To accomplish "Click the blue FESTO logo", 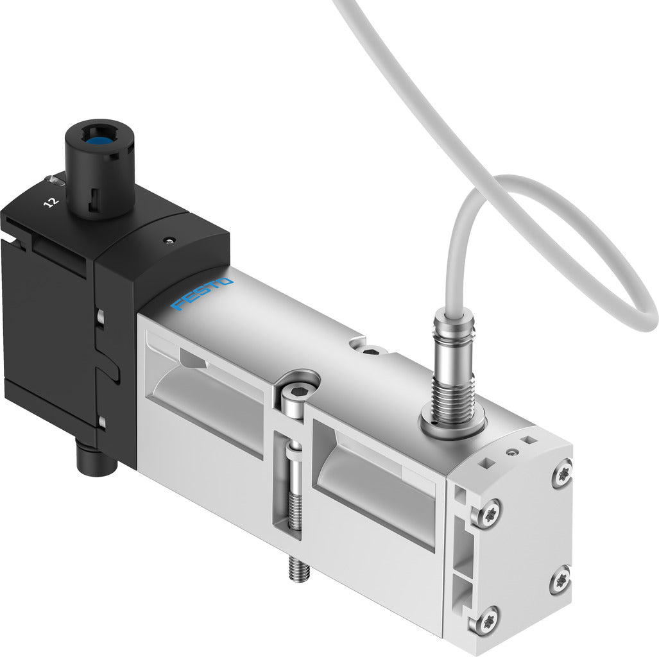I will (201, 294).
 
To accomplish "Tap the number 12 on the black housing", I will (50, 202).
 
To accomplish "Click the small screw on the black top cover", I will (168, 241).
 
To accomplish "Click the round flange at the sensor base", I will (452, 427).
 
